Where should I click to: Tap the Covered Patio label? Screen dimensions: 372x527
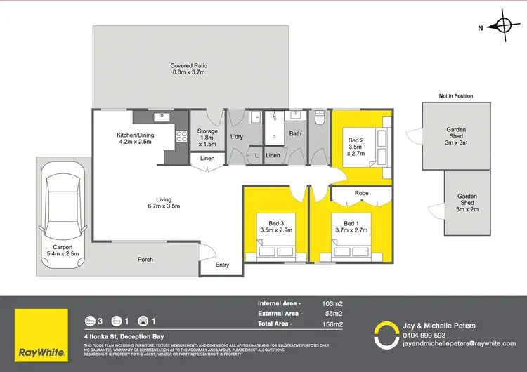(x=189, y=69)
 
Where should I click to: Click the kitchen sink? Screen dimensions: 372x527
(x=161, y=116)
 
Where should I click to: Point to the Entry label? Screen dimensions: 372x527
(x=222, y=265)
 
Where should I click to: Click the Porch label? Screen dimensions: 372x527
(x=145, y=260)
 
